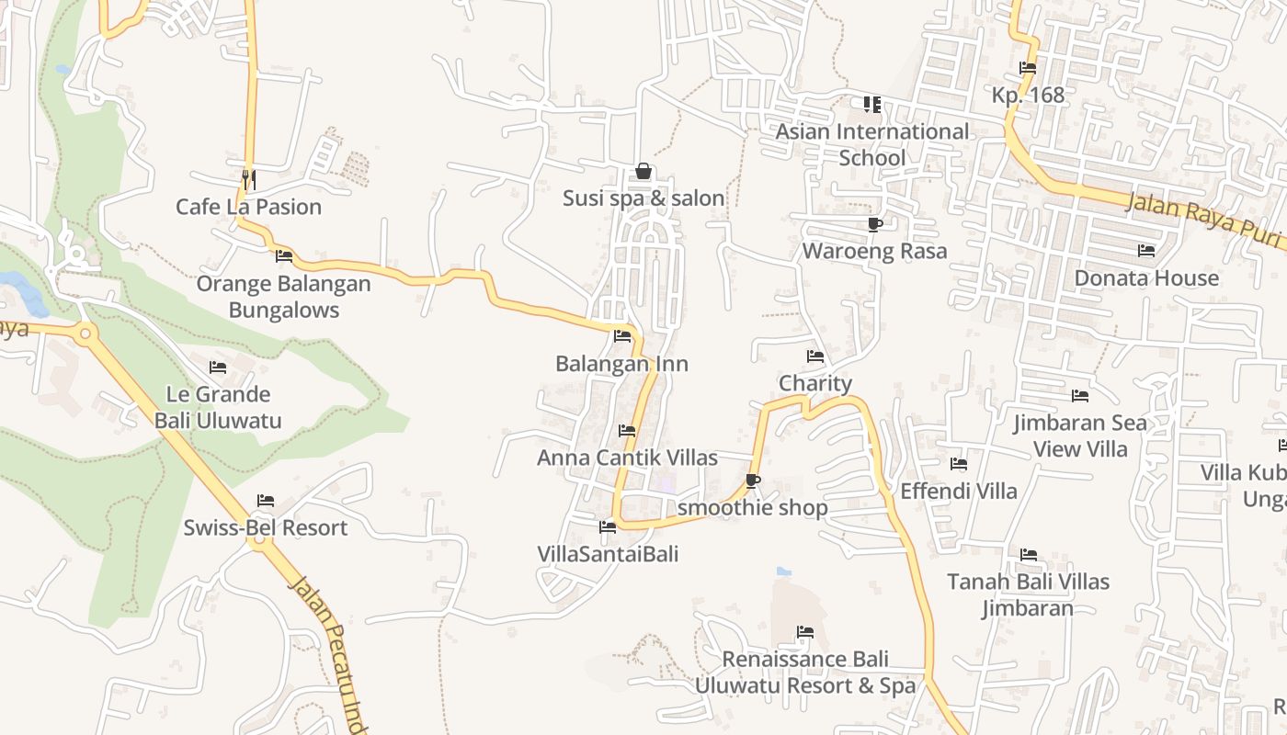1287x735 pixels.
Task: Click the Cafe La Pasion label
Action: click(248, 207)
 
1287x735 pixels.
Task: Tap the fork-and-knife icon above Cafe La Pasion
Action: click(248, 177)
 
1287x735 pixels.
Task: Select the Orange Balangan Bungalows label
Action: click(283, 297)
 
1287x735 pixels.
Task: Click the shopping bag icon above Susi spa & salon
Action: click(643, 172)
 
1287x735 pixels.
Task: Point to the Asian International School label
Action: click(871, 144)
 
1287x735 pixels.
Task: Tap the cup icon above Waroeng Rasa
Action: click(874, 224)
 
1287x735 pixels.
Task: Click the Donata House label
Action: click(1146, 277)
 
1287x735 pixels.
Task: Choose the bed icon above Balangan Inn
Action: click(622, 336)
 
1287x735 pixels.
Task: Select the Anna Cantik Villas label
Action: click(627, 458)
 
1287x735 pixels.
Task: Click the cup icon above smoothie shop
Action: click(753, 481)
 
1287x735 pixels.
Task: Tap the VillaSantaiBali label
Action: click(608, 554)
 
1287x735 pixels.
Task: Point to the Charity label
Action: click(814, 383)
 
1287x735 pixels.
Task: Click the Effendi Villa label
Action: click(959, 491)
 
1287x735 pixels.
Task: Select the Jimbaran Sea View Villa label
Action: click(1080, 435)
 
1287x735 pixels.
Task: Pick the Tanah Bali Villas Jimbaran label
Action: click(1028, 594)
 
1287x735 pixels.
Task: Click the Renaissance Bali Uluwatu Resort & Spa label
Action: click(805, 673)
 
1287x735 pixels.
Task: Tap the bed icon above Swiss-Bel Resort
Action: click(266, 501)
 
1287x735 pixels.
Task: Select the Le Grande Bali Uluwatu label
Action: click(218, 407)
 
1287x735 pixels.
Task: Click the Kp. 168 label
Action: click(1028, 95)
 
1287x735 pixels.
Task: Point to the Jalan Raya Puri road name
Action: click(1204, 220)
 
